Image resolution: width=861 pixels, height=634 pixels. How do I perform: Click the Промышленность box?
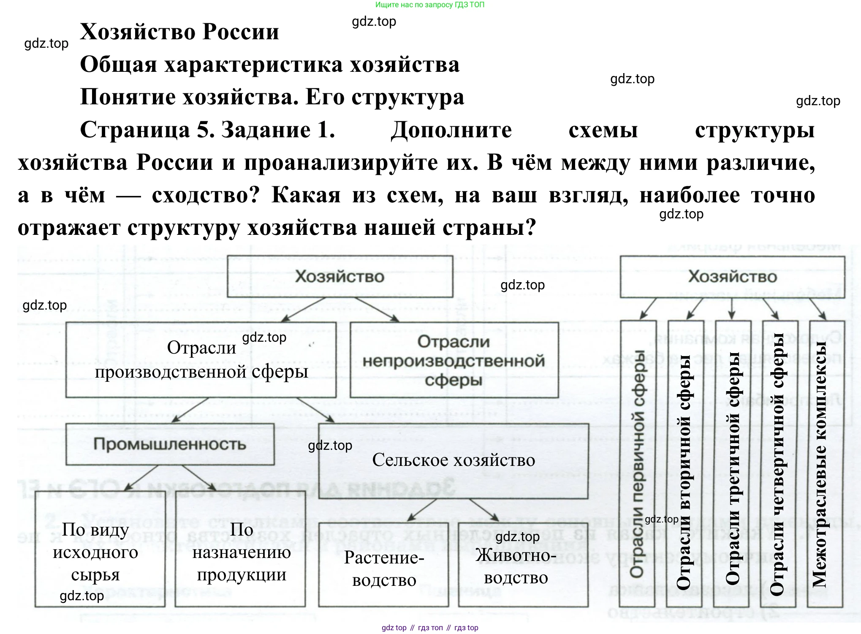(x=170, y=444)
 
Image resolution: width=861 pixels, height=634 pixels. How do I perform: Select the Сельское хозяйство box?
(x=453, y=460)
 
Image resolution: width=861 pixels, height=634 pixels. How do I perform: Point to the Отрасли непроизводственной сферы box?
(x=454, y=360)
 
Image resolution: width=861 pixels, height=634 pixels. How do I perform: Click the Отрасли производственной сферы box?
(x=201, y=360)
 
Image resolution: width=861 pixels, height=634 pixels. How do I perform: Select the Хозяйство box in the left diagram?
(x=340, y=277)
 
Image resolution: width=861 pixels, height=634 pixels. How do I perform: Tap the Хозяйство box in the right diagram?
(x=732, y=277)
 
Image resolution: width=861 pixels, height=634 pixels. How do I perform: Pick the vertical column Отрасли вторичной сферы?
(x=685, y=463)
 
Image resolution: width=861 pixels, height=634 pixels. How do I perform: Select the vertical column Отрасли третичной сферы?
(x=732, y=463)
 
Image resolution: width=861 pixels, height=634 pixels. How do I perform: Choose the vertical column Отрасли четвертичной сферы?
(x=780, y=463)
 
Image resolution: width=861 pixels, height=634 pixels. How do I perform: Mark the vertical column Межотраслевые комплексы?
(x=826, y=463)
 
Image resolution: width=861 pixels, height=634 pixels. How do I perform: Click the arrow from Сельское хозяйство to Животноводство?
(x=484, y=510)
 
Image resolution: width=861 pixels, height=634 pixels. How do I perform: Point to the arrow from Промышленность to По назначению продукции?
(x=198, y=478)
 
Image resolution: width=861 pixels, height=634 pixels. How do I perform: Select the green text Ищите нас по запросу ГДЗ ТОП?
(x=430, y=5)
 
